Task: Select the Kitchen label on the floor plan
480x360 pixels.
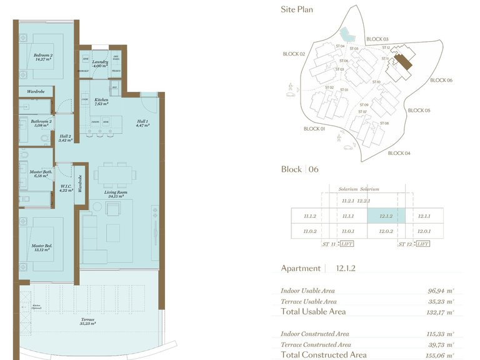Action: (101, 102)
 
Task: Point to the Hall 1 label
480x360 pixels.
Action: (142, 123)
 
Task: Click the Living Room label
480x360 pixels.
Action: (114, 194)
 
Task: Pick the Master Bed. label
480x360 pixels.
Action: (42, 248)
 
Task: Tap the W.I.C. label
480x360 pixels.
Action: (65, 187)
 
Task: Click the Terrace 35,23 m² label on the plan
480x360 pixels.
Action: (87, 321)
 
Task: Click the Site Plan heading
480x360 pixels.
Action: (297, 9)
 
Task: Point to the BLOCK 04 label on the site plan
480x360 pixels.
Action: (399, 153)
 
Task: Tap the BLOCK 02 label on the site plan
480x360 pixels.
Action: (294, 54)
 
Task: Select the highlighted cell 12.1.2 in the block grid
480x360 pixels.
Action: (386, 216)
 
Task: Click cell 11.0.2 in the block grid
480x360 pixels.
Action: (310, 231)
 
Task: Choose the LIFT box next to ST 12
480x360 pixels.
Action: (422, 244)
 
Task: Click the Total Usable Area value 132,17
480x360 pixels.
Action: (440, 312)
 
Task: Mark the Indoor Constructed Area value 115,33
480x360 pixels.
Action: (440, 334)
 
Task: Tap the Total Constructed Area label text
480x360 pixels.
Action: (324, 355)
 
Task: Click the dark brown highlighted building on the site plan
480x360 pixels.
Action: (406, 61)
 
